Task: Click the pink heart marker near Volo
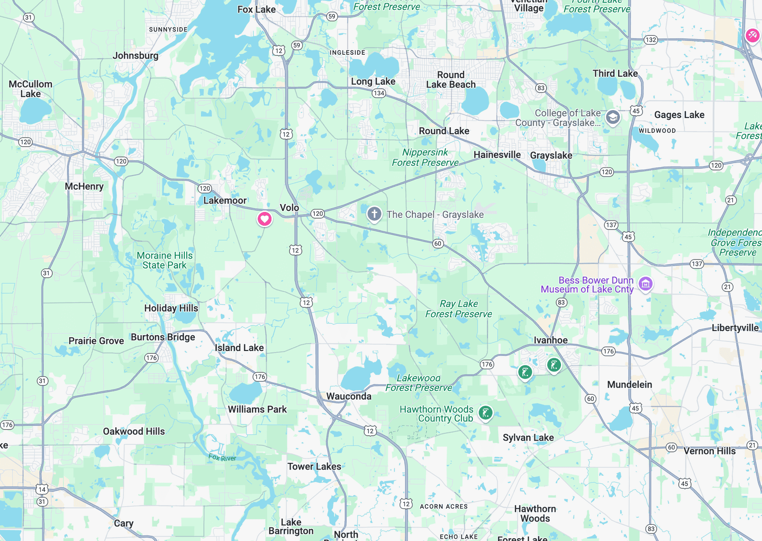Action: tap(265, 219)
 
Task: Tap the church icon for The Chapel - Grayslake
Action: tap(374, 214)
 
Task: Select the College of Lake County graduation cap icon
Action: tap(613, 117)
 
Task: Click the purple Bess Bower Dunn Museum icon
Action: tap(645, 284)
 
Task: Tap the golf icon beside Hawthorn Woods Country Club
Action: tap(485, 413)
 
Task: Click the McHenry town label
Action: tap(84, 186)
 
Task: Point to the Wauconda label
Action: tap(349, 396)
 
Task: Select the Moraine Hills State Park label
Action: tap(165, 260)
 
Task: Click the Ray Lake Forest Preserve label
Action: tap(459, 309)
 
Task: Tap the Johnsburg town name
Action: tap(136, 55)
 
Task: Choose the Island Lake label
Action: tap(239, 348)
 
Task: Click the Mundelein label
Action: tap(630, 384)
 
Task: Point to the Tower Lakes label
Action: tap(314, 466)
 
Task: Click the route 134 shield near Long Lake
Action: tap(379, 93)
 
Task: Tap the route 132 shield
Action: tap(651, 40)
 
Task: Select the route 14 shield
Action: tap(42, 489)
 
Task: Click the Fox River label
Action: tap(222, 458)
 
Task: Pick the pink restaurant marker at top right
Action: tap(752, 35)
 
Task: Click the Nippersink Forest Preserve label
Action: tap(425, 157)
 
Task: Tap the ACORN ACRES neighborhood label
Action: tap(444, 507)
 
